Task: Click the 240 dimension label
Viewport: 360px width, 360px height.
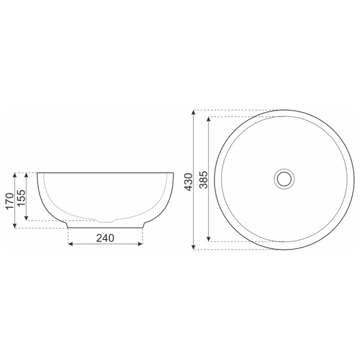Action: point(105,238)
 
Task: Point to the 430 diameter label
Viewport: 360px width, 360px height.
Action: point(188,182)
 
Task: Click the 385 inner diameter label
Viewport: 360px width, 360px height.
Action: point(203,179)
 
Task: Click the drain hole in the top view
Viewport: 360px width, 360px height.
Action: point(283,178)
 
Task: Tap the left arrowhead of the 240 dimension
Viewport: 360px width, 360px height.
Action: point(70,244)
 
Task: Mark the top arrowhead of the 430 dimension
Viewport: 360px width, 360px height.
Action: point(193,113)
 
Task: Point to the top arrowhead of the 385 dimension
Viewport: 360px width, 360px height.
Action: point(208,119)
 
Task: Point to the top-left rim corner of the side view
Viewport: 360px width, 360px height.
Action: point(38,173)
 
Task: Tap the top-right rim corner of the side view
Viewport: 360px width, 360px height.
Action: point(173,173)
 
